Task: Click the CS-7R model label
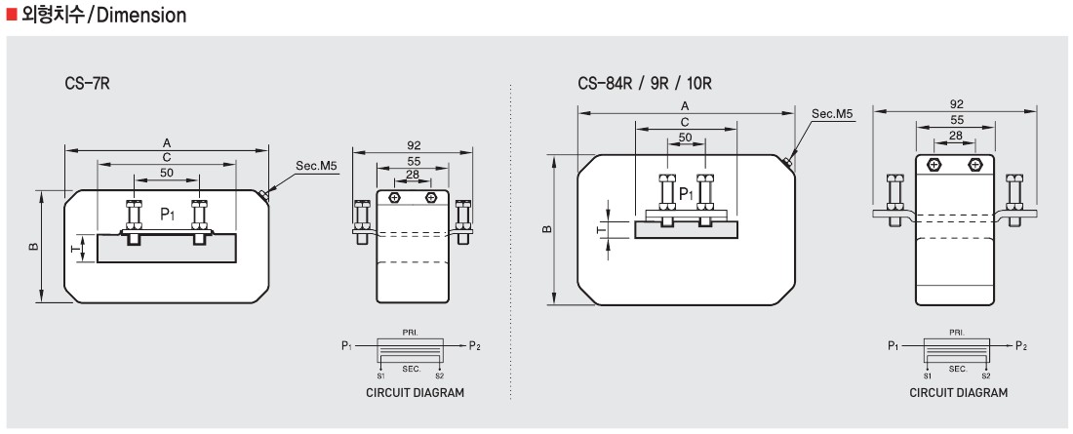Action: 88,84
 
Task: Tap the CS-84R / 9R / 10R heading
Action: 645,84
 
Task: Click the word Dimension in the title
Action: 141,15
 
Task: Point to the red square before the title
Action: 11,14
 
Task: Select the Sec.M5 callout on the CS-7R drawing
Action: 318,166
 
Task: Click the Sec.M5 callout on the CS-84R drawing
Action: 833,114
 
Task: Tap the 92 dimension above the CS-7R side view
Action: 413,145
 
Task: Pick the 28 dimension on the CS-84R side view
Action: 956,136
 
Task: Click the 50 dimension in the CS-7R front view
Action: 167,173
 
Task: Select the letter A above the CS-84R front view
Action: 685,106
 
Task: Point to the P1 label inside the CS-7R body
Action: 169,214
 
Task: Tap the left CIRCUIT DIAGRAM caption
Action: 415,393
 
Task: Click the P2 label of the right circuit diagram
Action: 1021,345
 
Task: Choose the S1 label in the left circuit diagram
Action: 381,375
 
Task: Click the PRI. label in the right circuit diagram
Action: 957,332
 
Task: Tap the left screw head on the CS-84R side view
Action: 934,165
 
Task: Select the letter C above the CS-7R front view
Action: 167,157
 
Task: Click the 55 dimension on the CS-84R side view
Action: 956,120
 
